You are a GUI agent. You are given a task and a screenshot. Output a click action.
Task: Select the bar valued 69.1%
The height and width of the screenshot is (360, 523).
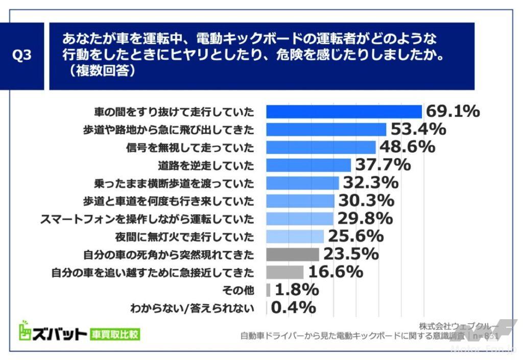[344, 111]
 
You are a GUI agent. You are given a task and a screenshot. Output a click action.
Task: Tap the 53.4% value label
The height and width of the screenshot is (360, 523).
[418, 129]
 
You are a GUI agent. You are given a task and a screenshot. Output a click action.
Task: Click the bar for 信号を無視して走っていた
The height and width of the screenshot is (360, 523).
[321, 147]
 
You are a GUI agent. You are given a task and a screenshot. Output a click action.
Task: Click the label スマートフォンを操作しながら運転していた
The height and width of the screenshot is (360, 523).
[147, 219]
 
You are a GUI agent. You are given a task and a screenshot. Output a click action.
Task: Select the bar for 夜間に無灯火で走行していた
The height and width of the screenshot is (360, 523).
[295, 236]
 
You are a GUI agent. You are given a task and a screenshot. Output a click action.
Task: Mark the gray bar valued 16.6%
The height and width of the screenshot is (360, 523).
[284, 272]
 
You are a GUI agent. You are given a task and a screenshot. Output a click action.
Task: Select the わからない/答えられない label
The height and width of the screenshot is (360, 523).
[192, 308]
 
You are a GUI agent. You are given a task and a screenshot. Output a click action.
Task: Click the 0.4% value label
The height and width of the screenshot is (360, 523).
[293, 307]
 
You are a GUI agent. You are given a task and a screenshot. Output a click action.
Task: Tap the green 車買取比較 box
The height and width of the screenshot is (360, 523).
[115, 335]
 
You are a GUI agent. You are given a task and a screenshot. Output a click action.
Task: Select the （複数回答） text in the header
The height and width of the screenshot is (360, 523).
[99, 72]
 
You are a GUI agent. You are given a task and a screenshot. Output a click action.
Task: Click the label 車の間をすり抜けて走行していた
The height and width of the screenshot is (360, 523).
[174, 111]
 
